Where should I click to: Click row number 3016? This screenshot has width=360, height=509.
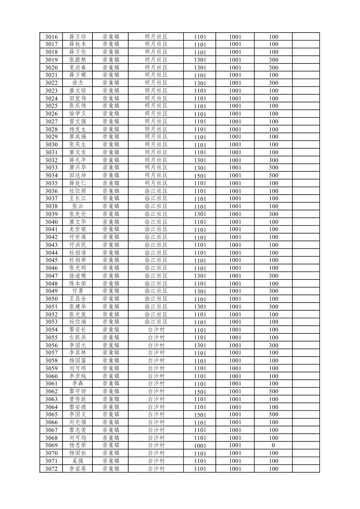pyautogui.click(x=51, y=37)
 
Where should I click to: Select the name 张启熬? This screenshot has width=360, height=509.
pyautogui.click(x=78, y=60)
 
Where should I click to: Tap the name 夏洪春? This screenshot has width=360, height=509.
pyautogui.click(x=78, y=67)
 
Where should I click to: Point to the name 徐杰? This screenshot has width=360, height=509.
pyautogui.click(x=78, y=83)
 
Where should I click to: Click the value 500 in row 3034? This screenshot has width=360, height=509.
pyautogui.click(x=273, y=176)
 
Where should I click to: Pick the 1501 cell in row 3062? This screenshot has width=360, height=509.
pyautogui.click(x=200, y=392)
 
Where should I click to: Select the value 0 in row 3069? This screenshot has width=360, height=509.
pyautogui.click(x=273, y=445)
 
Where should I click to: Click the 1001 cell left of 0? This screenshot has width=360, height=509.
pyautogui.click(x=235, y=445)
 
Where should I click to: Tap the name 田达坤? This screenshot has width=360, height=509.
pyautogui.click(x=78, y=176)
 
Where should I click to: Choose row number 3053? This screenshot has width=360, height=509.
pyautogui.click(x=51, y=322)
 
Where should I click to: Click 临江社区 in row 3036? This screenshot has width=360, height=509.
pyautogui.click(x=156, y=191)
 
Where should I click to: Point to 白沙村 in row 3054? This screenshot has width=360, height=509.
pyautogui.click(x=156, y=330)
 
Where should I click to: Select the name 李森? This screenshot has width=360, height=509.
pyautogui.click(x=78, y=384)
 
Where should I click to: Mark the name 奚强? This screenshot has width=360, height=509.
pyautogui.click(x=78, y=461)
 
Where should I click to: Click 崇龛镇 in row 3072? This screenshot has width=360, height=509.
pyautogui.click(x=111, y=469)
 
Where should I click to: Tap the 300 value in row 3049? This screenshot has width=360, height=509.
pyautogui.click(x=273, y=291)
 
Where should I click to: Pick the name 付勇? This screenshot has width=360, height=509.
pyautogui.click(x=78, y=291)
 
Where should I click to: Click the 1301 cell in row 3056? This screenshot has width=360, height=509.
pyautogui.click(x=200, y=345)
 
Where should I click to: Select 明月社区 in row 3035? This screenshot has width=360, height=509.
pyautogui.click(x=156, y=183)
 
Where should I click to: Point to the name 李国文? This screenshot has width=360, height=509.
pyautogui.click(x=78, y=415)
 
